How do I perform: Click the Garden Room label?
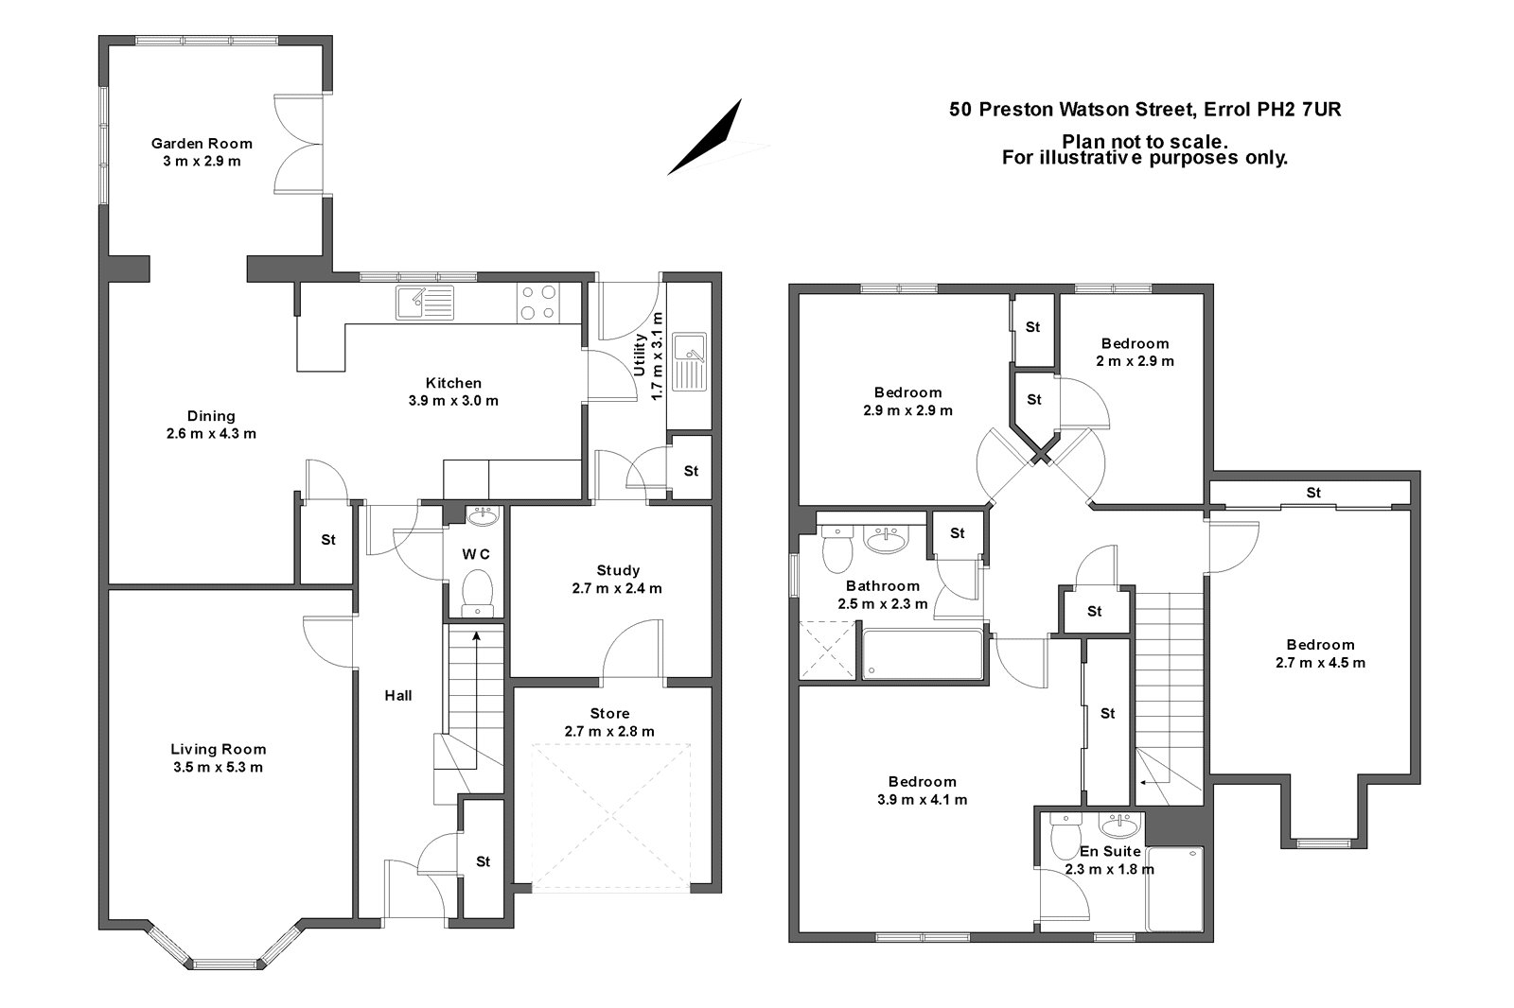[x=202, y=144]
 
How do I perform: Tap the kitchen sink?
[x=425, y=303]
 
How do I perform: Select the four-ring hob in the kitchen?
[x=537, y=303]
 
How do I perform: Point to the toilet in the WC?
[x=476, y=592]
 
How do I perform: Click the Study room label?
[x=618, y=570]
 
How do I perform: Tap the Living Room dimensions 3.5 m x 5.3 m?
[x=218, y=767]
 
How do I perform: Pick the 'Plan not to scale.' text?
[x=1145, y=141]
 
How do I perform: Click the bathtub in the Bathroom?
[x=923, y=653]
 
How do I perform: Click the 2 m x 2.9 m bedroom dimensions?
[x=1135, y=361]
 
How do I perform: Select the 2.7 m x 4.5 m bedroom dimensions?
[x=1320, y=663]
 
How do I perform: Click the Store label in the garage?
[x=609, y=713]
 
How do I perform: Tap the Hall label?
[x=397, y=696]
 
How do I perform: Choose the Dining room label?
[x=211, y=416]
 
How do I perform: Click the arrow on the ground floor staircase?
[x=476, y=638]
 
